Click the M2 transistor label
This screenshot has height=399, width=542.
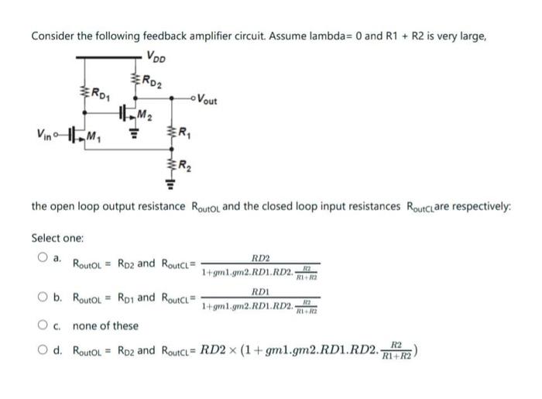(142, 117)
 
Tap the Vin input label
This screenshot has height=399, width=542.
(43, 137)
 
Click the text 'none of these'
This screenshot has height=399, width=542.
(105, 326)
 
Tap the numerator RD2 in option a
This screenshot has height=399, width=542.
(261, 257)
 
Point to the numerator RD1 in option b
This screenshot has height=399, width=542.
(260, 293)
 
